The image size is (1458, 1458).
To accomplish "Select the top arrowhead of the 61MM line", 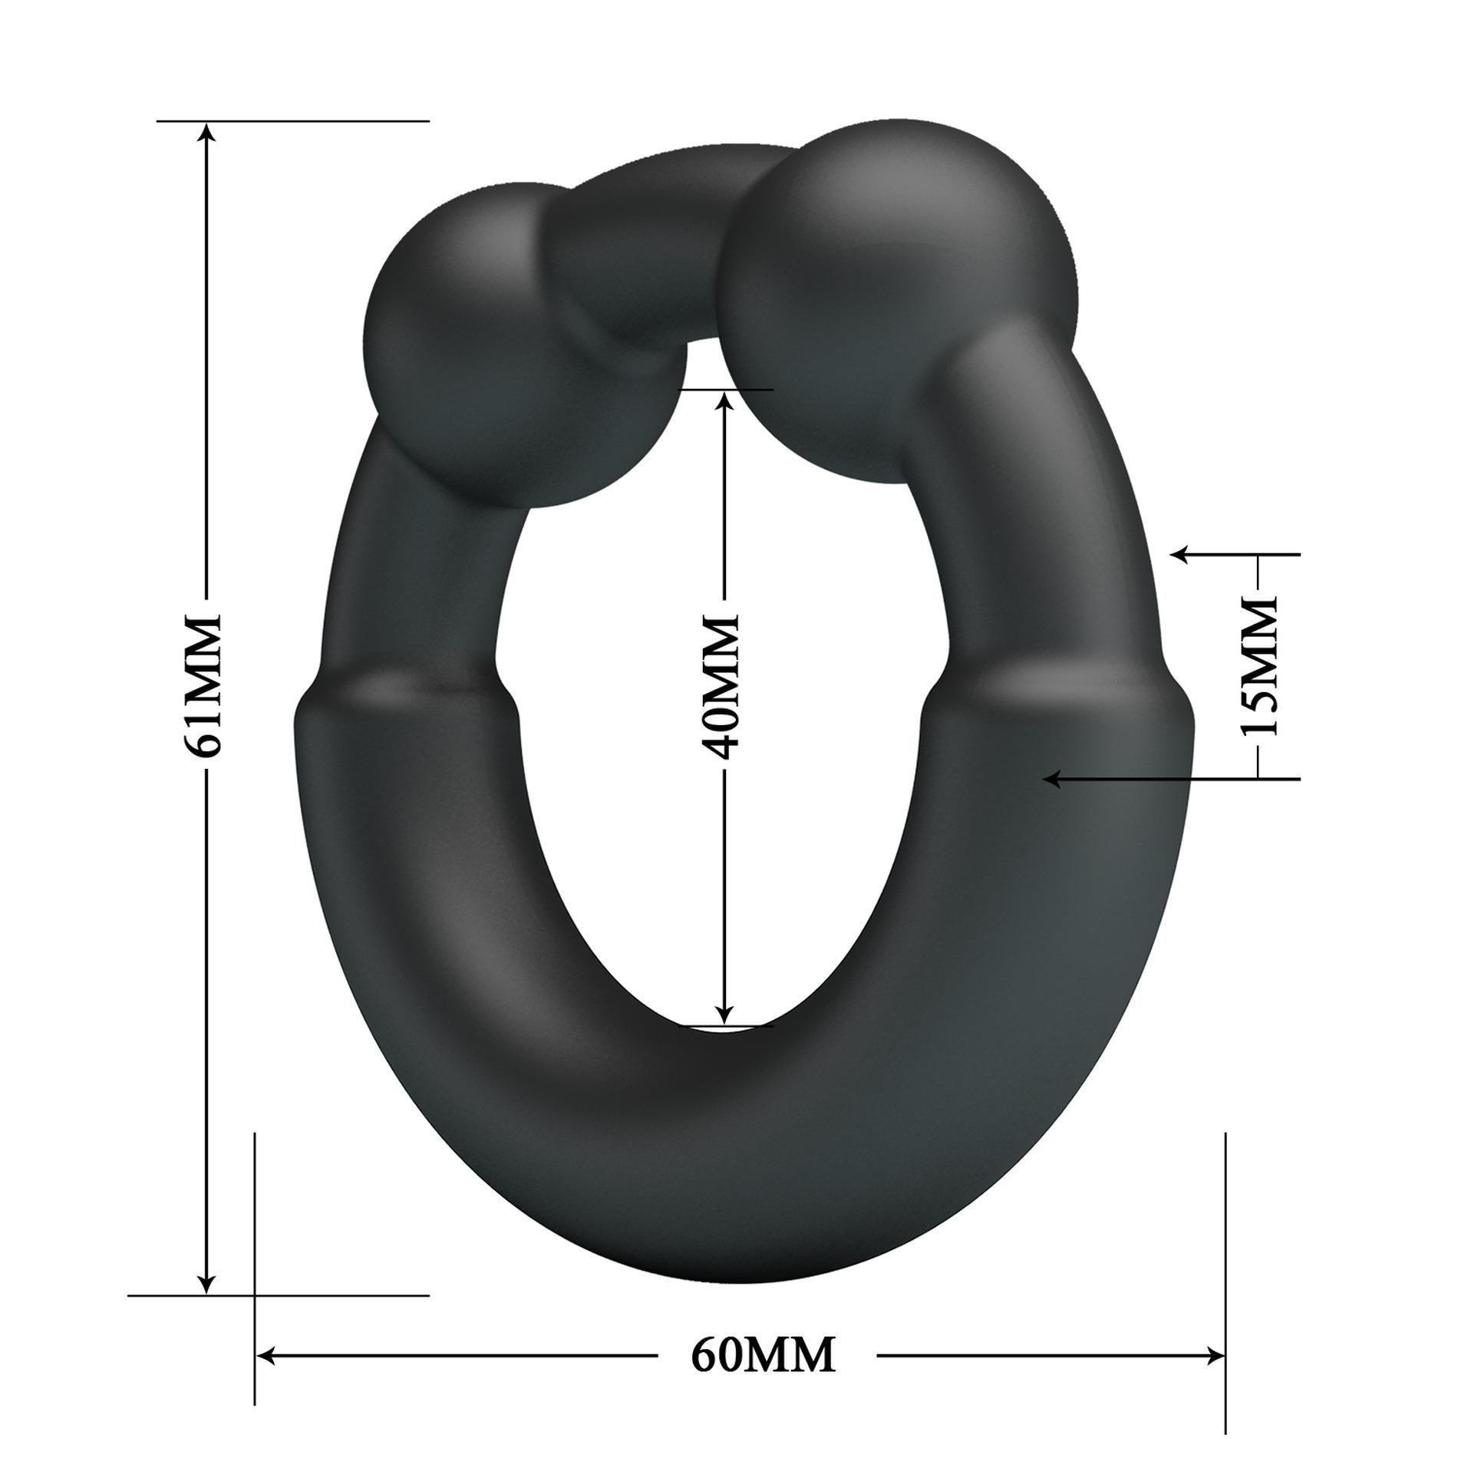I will point(206,135).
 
